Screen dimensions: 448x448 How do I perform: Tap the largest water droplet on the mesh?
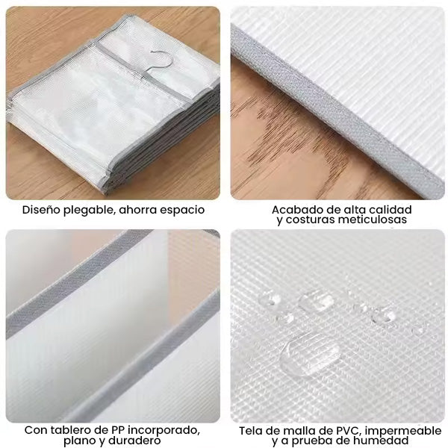click(310, 354)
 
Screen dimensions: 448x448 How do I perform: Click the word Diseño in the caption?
click(42, 209)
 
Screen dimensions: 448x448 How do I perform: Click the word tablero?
click(69, 430)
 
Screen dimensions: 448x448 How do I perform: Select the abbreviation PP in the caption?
click(119, 430)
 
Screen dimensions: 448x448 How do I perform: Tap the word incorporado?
click(164, 431)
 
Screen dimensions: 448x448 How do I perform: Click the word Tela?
click(249, 431)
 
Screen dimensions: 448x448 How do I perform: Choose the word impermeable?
click(403, 432)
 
